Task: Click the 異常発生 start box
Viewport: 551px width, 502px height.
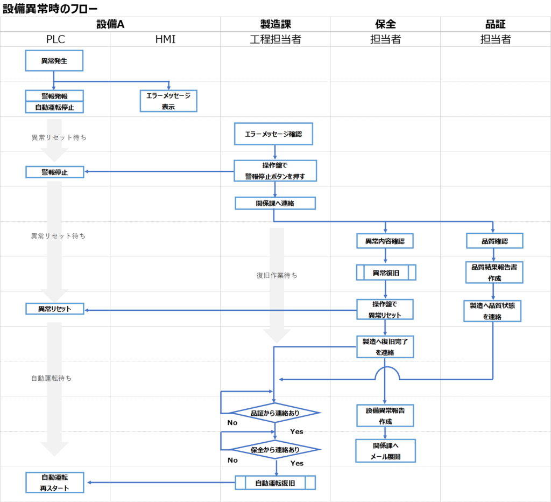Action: pyautogui.click(x=54, y=61)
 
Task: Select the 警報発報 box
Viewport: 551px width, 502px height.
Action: pyautogui.click(x=54, y=95)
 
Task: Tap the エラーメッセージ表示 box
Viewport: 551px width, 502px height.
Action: pyautogui.click(x=169, y=101)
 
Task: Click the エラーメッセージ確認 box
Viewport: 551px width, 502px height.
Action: pyautogui.click(x=273, y=134)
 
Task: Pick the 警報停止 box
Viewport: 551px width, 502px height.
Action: pyautogui.click(x=54, y=172)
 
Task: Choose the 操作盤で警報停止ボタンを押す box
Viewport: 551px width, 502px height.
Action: pyautogui.click(x=275, y=170)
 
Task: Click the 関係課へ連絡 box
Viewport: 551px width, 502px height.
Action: pyautogui.click(x=275, y=203)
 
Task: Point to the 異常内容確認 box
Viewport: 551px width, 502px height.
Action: pyautogui.click(x=385, y=241)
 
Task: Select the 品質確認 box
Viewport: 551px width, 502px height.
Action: pyautogui.click(x=495, y=241)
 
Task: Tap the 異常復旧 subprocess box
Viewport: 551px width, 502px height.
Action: pyautogui.click(x=386, y=273)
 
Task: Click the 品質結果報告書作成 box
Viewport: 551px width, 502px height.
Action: pyautogui.click(x=494, y=273)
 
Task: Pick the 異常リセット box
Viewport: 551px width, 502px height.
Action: pyautogui.click(x=54, y=309)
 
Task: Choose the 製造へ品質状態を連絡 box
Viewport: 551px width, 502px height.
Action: pyautogui.click(x=492, y=311)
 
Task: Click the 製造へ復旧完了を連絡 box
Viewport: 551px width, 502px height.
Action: pyautogui.click(x=385, y=346)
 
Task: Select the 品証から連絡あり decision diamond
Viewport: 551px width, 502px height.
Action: pyautogui.click(x=275, y=413)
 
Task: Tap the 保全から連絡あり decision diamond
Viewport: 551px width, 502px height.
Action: pyautogui.click(x=275, y=449)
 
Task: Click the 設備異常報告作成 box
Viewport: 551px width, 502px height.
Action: pyautogui.click(x=385, y=415)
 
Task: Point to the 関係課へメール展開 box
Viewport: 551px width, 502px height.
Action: pyautogui.click(x=385, y=451)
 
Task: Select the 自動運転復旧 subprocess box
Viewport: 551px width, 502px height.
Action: pyautogui.click(x=275, y=483)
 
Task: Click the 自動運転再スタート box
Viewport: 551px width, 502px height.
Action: pyautogui.click(x=54, y=483)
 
